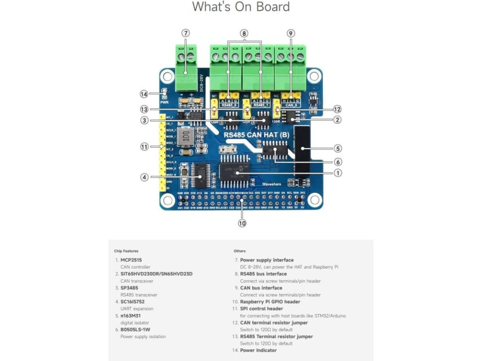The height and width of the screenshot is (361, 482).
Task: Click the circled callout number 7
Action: tap(186, 33)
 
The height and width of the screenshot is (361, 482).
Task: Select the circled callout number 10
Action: tap(242, 223)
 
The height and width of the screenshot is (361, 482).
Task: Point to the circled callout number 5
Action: tap(338, 149)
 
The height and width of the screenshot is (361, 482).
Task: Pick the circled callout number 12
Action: tap(337, 109)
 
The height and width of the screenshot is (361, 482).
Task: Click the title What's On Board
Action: tap(241, 7)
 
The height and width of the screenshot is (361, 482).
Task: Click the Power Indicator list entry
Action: tap(258, 350)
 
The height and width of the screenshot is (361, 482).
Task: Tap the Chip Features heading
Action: tap(126, 251)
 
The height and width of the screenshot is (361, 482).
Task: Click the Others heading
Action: tap(239, 251)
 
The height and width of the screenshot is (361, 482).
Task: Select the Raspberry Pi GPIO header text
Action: tap(270, 302)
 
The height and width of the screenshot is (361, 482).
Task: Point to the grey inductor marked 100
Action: tap(187, 136)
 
